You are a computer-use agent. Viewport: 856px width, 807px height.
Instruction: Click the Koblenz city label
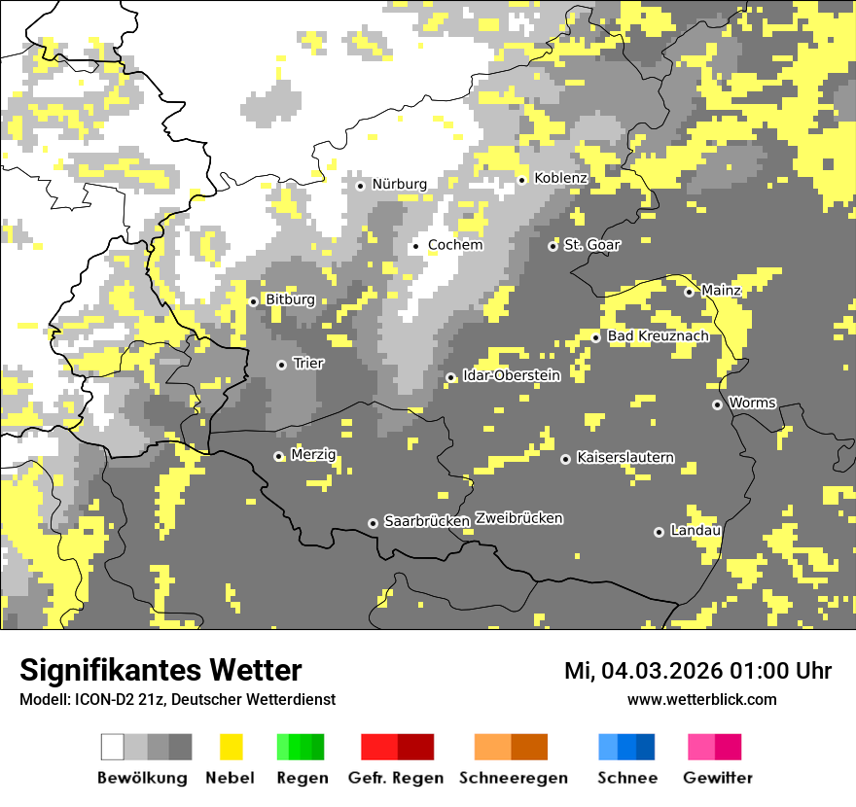point(560,178)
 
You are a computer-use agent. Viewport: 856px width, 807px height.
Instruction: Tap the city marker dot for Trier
point(282,365)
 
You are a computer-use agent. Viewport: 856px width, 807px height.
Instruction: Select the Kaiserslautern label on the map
point(624,457)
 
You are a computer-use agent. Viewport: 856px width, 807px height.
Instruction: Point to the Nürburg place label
point(399,184)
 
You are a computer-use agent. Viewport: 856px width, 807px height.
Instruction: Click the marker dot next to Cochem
point(416,246)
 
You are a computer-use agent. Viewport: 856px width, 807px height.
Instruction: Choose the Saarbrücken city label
point(427,521)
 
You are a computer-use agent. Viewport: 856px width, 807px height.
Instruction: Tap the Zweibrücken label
point(519,518)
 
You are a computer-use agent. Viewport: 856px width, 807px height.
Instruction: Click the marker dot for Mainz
point(690,292)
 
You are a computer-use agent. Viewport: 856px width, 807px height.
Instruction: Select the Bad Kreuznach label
point(658,336)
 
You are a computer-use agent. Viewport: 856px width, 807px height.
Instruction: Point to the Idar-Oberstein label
point(512,375)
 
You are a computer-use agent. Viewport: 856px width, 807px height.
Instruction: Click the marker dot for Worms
point(718,404)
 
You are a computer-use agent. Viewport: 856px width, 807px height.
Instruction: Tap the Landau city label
point(695,530)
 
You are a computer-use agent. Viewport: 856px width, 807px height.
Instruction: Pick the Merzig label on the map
point(313,455)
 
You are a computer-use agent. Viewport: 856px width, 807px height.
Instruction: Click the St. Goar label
point(591,245)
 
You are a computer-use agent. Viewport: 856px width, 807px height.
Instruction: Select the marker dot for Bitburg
point(254,301)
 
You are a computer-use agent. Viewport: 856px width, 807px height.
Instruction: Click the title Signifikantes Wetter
point(160,670)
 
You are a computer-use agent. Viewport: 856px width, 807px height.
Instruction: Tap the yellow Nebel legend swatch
point(232,747)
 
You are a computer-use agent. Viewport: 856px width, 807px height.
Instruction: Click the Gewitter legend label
point(717,778)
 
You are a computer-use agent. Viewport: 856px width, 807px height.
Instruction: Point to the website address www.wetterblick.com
point(701,699)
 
